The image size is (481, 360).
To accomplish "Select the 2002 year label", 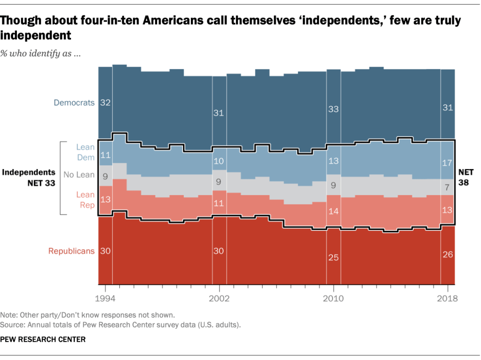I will pos(219,298).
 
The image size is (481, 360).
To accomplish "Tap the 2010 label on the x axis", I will pos(333,298).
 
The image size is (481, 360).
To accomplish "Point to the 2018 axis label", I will pos(447,298).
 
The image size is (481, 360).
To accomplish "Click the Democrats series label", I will pos(74,102).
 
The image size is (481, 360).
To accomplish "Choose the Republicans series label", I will pos(71,251).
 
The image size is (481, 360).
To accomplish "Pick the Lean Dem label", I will pos(86,152).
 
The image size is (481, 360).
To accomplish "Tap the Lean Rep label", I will pos(86,200).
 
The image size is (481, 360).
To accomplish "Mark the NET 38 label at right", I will pos(465,178).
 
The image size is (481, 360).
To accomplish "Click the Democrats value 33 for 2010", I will pos(333,109).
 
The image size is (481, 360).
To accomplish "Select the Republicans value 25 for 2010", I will pos(333,258).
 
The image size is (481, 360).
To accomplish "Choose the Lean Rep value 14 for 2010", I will pos(333,211).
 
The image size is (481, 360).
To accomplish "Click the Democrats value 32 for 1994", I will pos(105,103).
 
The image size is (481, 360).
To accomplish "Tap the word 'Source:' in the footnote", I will pos(13,324).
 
